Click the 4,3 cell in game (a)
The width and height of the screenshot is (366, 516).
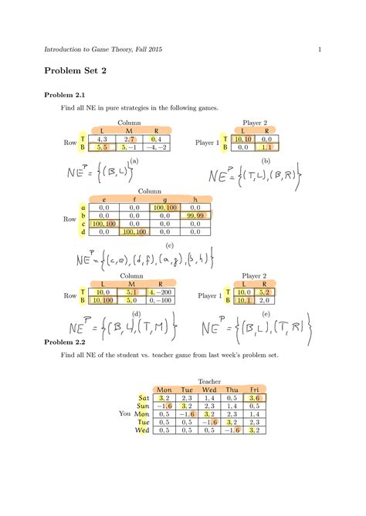pos(103,139)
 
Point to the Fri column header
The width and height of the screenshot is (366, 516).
pos(254,390)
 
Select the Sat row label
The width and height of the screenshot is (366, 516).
pos(143,397)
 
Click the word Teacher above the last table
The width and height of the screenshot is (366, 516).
pos(209,381)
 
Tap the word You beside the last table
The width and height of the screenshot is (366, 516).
pos(125,413)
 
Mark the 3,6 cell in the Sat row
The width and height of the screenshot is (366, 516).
pos(255,397)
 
